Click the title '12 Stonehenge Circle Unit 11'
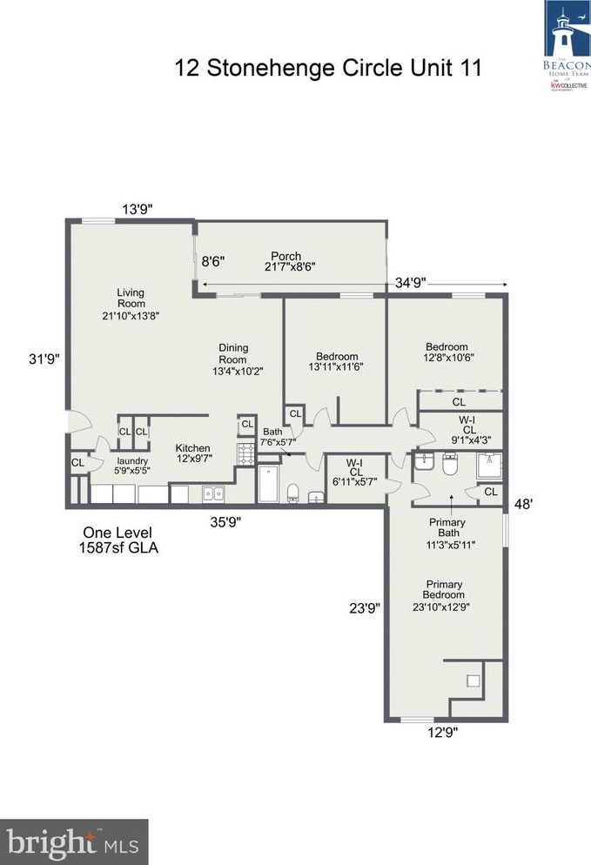pyautogui.click(x=328, y=68)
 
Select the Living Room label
pyautogui.click(x=131, y=305)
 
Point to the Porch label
pyautogui.click(x=285, y=261)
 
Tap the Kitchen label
pyautogui.click(x=192, y=453)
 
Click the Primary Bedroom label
pyautogui.click(x=444, y=596)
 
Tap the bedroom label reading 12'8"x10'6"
pyautogui.click(x=447, y=352)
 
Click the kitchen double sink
pyautogui.click(x=212, y=493)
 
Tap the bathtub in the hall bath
pyautogui.click(x=268, y=484)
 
